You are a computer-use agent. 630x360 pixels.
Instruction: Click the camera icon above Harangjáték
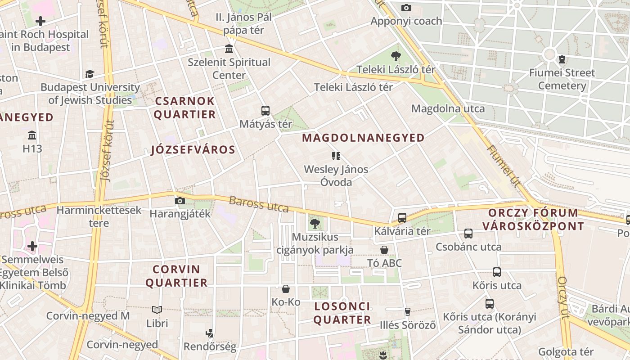180,201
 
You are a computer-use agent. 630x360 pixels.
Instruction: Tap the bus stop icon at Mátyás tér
265,110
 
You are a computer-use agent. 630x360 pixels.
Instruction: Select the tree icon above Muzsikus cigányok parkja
315,223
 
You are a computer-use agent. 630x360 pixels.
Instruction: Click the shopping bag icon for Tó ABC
384,250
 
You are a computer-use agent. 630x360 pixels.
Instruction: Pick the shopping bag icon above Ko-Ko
286,289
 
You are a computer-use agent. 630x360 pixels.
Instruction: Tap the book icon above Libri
157,310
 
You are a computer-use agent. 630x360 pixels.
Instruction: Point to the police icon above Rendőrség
209,333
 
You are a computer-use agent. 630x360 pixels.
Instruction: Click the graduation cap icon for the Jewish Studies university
90,74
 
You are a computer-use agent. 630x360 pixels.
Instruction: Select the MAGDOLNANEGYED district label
363,138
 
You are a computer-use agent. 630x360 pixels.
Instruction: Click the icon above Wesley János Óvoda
336,156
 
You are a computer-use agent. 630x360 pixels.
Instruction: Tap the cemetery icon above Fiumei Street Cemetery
562,59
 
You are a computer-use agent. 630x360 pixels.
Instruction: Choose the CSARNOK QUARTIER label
185,108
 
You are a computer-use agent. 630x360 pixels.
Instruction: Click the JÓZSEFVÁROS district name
193,150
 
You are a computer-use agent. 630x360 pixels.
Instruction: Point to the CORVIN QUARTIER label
176,276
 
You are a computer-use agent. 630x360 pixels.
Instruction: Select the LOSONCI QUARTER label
342,313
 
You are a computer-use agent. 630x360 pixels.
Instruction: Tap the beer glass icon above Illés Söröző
408,311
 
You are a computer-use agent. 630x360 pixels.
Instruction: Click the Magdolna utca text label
448,108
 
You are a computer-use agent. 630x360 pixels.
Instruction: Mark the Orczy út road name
563,297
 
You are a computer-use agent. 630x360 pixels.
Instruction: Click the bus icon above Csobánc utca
468,234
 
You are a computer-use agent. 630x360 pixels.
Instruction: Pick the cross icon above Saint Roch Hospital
40,21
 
